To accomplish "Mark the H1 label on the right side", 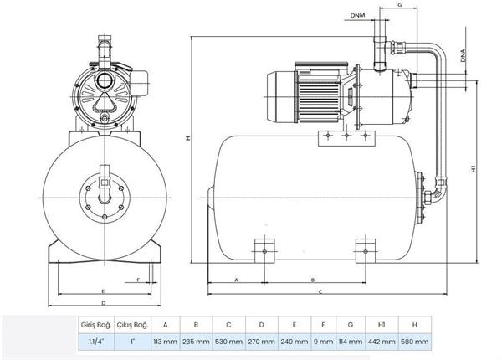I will [474, 168].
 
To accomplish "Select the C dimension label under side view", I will [320, 292].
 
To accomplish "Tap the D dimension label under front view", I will [101, 302].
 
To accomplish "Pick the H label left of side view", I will [188, 139].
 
